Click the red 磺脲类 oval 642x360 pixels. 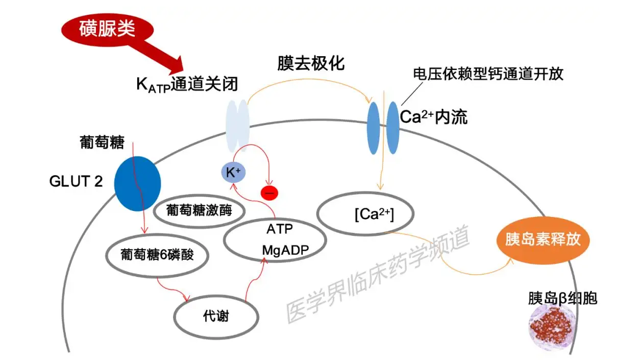(x=107, y=30)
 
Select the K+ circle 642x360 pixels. (x=233, y=173)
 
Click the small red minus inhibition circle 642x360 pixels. (x=269, y=193)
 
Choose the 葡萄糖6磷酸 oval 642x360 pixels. (x=157, y=254)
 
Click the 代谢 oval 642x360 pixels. (x=216, y=317)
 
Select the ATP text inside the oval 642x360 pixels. (x=280, y=229)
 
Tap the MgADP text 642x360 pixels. (x=285, y=250)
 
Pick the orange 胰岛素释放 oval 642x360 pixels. (x=542, y=239)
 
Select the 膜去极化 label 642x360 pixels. (x=311, y=63)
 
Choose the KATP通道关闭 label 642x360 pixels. (x=187, y=84)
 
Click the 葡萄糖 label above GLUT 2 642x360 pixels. (x=102, y=142)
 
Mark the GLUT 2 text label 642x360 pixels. (x=76, y=181)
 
